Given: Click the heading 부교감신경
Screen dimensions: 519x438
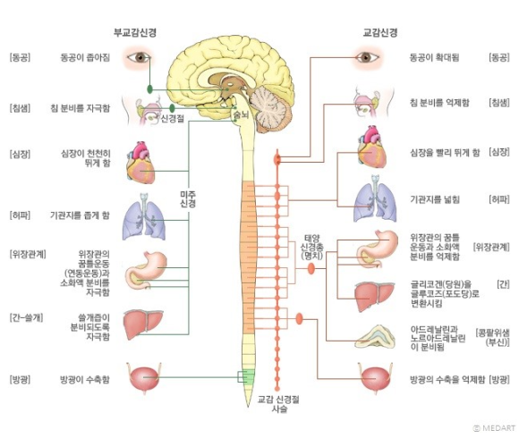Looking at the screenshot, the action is [135, 33].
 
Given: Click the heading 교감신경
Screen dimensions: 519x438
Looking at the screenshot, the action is [380, 33].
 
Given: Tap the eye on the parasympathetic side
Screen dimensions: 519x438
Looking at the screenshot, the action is [139, 57].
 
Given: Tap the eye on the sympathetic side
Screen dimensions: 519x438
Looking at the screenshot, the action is [365, 57].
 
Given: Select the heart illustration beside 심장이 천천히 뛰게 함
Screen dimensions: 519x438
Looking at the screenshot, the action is [140, 163].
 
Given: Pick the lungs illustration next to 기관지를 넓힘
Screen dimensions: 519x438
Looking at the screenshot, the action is [375, 198].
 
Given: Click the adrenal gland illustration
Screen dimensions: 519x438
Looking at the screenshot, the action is [375, 337].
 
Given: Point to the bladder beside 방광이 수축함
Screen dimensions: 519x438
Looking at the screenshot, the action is [144, 378].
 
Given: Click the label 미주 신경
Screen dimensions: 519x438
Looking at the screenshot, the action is [188, 198].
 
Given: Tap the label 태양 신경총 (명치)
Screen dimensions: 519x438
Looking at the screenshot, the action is [311, 247].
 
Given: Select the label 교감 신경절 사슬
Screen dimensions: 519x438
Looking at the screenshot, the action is [278, 404].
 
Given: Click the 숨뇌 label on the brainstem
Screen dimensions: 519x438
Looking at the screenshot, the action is [241, 115].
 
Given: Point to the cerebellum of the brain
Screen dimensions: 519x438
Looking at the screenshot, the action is [268, 109].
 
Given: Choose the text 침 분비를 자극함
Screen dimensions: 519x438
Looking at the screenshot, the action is [81, 108].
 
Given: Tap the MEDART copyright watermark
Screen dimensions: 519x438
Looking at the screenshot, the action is [494, 428].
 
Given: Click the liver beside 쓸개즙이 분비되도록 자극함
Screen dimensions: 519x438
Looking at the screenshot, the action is [143, 324].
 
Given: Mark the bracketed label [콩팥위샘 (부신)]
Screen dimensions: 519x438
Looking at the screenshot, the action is [492, 337].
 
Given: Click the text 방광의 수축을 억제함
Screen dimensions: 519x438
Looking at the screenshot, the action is [447, 379].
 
